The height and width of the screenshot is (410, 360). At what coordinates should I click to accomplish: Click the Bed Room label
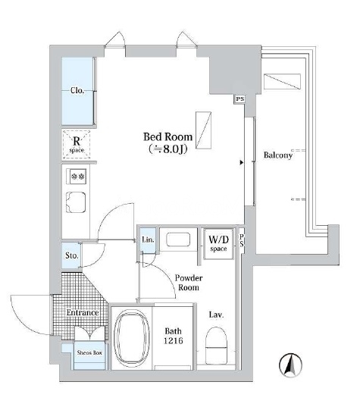pyautogui.click(x=167, y=136)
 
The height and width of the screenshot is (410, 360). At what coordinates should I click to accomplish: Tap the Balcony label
pyautogui.click(x=278, y=155)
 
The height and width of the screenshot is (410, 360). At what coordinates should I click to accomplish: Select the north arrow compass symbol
pyautogui.click(x=290, y=365)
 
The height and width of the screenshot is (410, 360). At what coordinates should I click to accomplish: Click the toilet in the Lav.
pyautogui.click(x=216, y=345)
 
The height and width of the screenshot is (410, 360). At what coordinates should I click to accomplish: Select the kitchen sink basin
pyautogui.click(x=76, y=202)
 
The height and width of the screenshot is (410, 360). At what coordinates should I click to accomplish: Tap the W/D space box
pyautogui.click(x=218, y=244)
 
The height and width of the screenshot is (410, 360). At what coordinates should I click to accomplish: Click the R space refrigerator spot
pyautogui.click(x=77, y=145)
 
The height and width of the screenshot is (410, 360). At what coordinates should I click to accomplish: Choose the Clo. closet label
pyautogui.click(x=77, y=91)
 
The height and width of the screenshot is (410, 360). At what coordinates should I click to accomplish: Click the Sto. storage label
pyautogui.click(x=72, y=255)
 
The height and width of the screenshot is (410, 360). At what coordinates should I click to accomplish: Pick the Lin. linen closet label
pyautogui.click(x=148, y=239)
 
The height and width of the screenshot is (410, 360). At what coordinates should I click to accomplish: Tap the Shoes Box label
pyautogui.click(x=89, y=352)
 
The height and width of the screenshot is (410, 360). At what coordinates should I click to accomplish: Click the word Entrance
pyautogui.click(x=83, y=312)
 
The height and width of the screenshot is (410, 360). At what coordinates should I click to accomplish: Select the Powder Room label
pyautogui.click(x=189, y=283)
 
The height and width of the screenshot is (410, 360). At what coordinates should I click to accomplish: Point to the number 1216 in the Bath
pyautogui.click(x=174, y=341)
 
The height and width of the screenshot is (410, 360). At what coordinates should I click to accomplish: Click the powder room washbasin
pyautogui.click(x=178, y=239)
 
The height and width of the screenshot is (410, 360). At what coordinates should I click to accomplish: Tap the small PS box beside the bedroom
pyautogui.click(x=239, y=99)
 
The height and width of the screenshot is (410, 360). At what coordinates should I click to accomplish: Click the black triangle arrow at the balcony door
pyautogui.click(x=242, y=163)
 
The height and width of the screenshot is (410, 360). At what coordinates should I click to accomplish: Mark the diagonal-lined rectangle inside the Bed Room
pyautogui.click(x=204, y=130)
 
